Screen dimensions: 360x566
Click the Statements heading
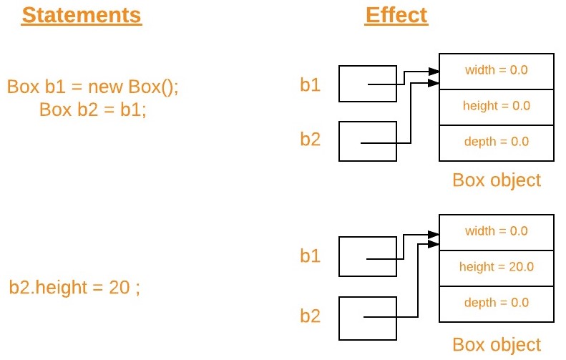[x=82, y=16]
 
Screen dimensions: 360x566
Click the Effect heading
[x=396, y=16]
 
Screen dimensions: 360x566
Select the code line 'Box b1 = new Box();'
[x=92, y=87]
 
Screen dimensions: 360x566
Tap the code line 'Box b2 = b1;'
[x=92, y=110]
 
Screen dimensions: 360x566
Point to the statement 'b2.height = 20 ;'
[x=74, y=288]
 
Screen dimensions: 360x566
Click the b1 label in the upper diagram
[x=310, y=85]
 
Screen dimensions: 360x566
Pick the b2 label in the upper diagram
[x=310, y=139]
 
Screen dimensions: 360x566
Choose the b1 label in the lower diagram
[x=310, y=256]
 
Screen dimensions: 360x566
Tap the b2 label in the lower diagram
[x=310, y=315]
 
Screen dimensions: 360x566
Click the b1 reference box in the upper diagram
[x=366, y=84]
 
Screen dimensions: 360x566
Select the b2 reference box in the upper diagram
[x=366, y=140]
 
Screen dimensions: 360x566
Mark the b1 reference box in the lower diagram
[x=366, y=256]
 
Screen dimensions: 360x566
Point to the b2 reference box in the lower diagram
[x=366, y=318]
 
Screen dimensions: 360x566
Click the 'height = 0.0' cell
[x=496, y=106]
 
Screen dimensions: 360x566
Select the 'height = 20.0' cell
[x=496, y=267]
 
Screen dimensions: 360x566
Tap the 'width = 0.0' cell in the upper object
[x=496, y=70]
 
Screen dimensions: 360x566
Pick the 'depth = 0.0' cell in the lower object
[x=496, y=303]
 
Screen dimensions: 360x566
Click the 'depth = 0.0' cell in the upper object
[x=496, y=142]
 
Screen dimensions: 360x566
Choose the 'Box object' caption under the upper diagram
[x=497, y=179]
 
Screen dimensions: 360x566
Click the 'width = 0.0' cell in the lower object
[x=496, y=231]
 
